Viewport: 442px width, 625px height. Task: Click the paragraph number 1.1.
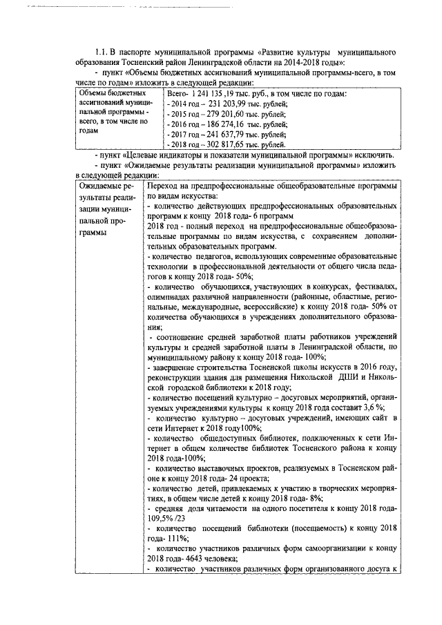[x=102, y=52]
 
